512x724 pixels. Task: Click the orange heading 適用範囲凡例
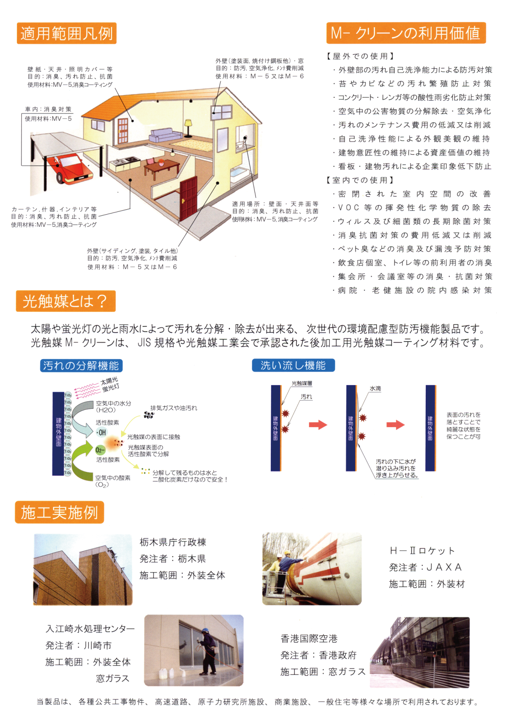coord(66,33)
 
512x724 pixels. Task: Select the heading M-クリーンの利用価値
coord(406,33)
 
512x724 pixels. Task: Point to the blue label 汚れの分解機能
coord(81,366)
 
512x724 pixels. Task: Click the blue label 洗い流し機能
coord(293,365)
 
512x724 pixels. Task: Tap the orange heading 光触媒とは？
coord(66,301)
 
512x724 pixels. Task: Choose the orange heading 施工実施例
coord(59,512)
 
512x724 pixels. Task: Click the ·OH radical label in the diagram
coord(101,433)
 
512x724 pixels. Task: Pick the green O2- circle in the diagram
coord(100,450)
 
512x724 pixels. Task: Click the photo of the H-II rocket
coord(312,569)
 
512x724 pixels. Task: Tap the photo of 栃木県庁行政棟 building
coord(83,570)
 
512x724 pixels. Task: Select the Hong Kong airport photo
coord(420,652)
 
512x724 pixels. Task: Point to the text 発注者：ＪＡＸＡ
coord(425,568)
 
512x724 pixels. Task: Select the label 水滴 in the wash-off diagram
coord(375,388)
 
